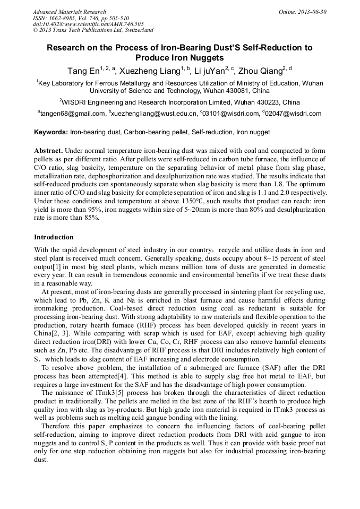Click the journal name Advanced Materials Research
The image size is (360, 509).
69,12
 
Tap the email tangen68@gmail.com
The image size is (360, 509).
73,114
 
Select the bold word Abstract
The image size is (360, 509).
49,151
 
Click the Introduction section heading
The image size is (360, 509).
54,237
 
